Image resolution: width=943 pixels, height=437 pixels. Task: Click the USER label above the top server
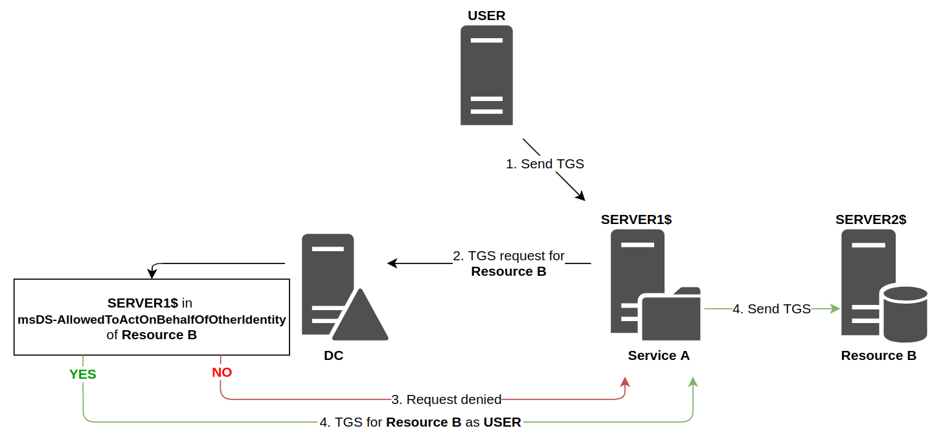486,16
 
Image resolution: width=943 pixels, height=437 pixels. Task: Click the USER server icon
486,75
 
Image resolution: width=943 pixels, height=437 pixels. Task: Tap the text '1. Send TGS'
545,164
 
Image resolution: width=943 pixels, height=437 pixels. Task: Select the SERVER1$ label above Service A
636,219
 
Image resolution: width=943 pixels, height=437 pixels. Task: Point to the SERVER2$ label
870,219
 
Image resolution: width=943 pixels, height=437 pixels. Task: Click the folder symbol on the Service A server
670,315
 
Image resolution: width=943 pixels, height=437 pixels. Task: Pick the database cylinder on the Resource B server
904,313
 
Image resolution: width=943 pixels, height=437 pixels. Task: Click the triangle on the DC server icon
359,317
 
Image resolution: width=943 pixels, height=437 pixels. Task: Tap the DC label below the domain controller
334,356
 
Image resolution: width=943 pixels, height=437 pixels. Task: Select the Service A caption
659,355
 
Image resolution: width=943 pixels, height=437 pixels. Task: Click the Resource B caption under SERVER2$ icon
878,355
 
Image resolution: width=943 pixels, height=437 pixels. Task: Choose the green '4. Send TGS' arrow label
771,309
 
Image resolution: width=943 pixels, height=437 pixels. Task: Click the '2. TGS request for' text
508,256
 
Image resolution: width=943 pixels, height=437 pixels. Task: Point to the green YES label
83,374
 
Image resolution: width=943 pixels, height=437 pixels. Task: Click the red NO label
222,372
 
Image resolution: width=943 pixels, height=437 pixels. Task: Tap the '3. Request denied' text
446,399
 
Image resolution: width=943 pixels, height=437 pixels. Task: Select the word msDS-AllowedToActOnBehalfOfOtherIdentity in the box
152,320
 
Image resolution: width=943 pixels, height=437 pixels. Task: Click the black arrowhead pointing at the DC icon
392,263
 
